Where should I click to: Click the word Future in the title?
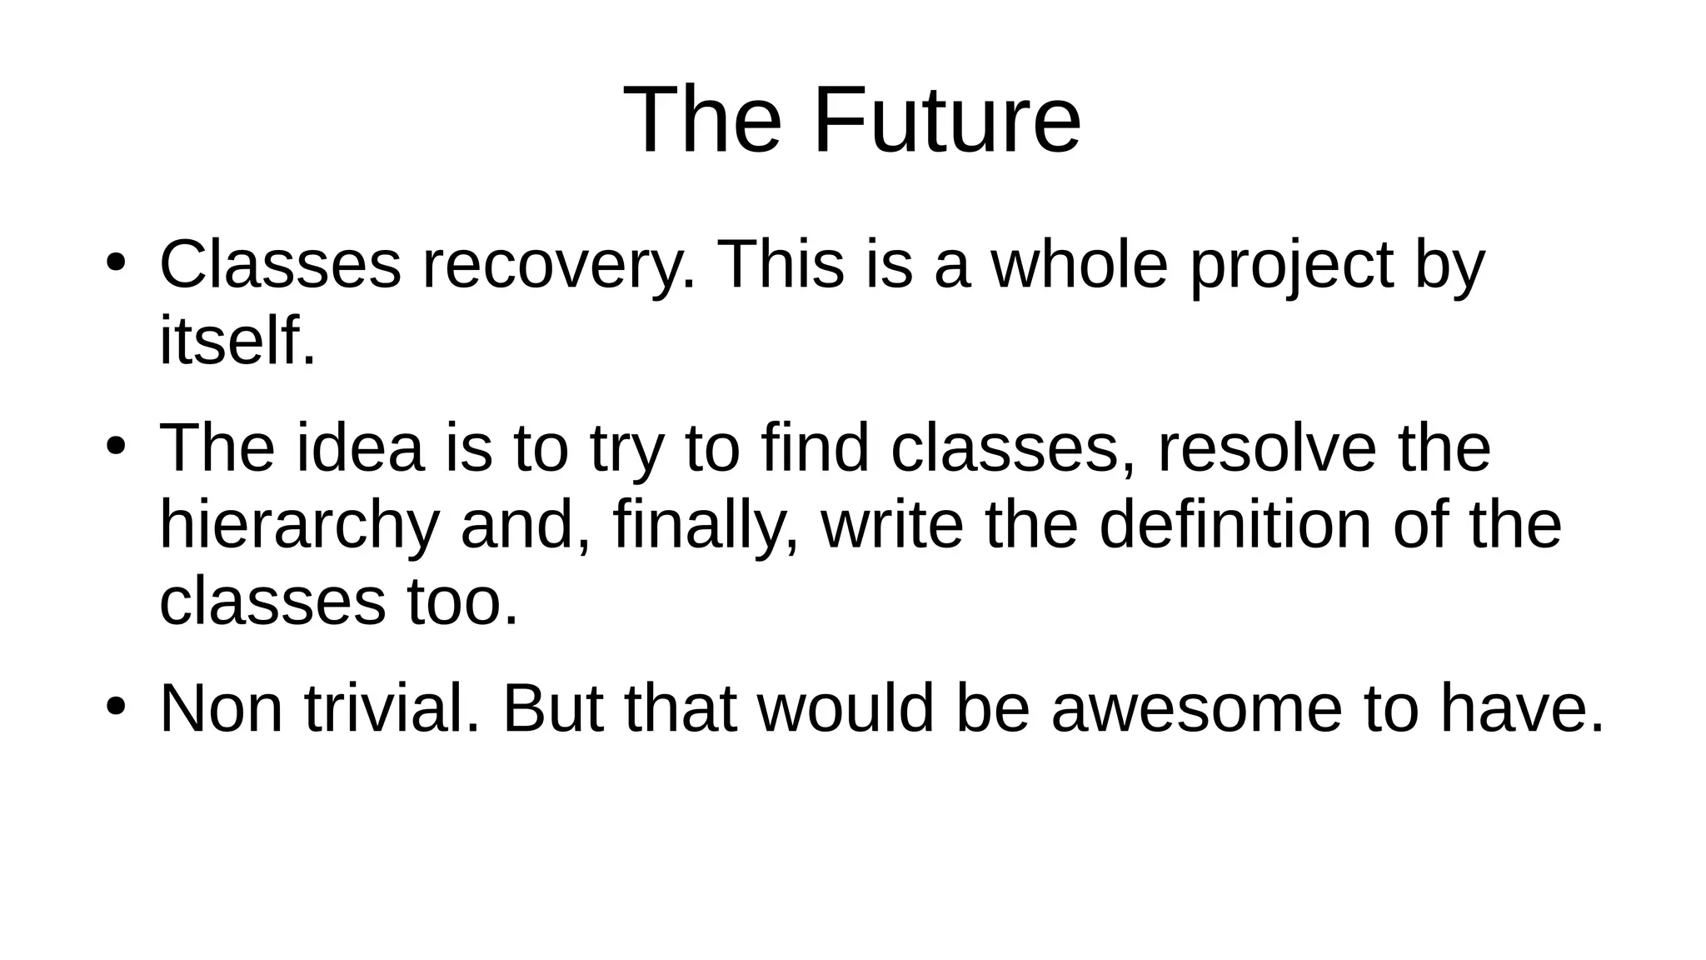946,121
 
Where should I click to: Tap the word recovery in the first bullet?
558,266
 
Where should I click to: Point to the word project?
1291,266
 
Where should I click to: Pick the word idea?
360,448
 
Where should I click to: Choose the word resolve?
1267,448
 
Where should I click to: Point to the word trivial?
392,709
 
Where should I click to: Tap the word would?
846,709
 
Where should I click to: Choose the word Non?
221,709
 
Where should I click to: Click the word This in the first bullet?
780,266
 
